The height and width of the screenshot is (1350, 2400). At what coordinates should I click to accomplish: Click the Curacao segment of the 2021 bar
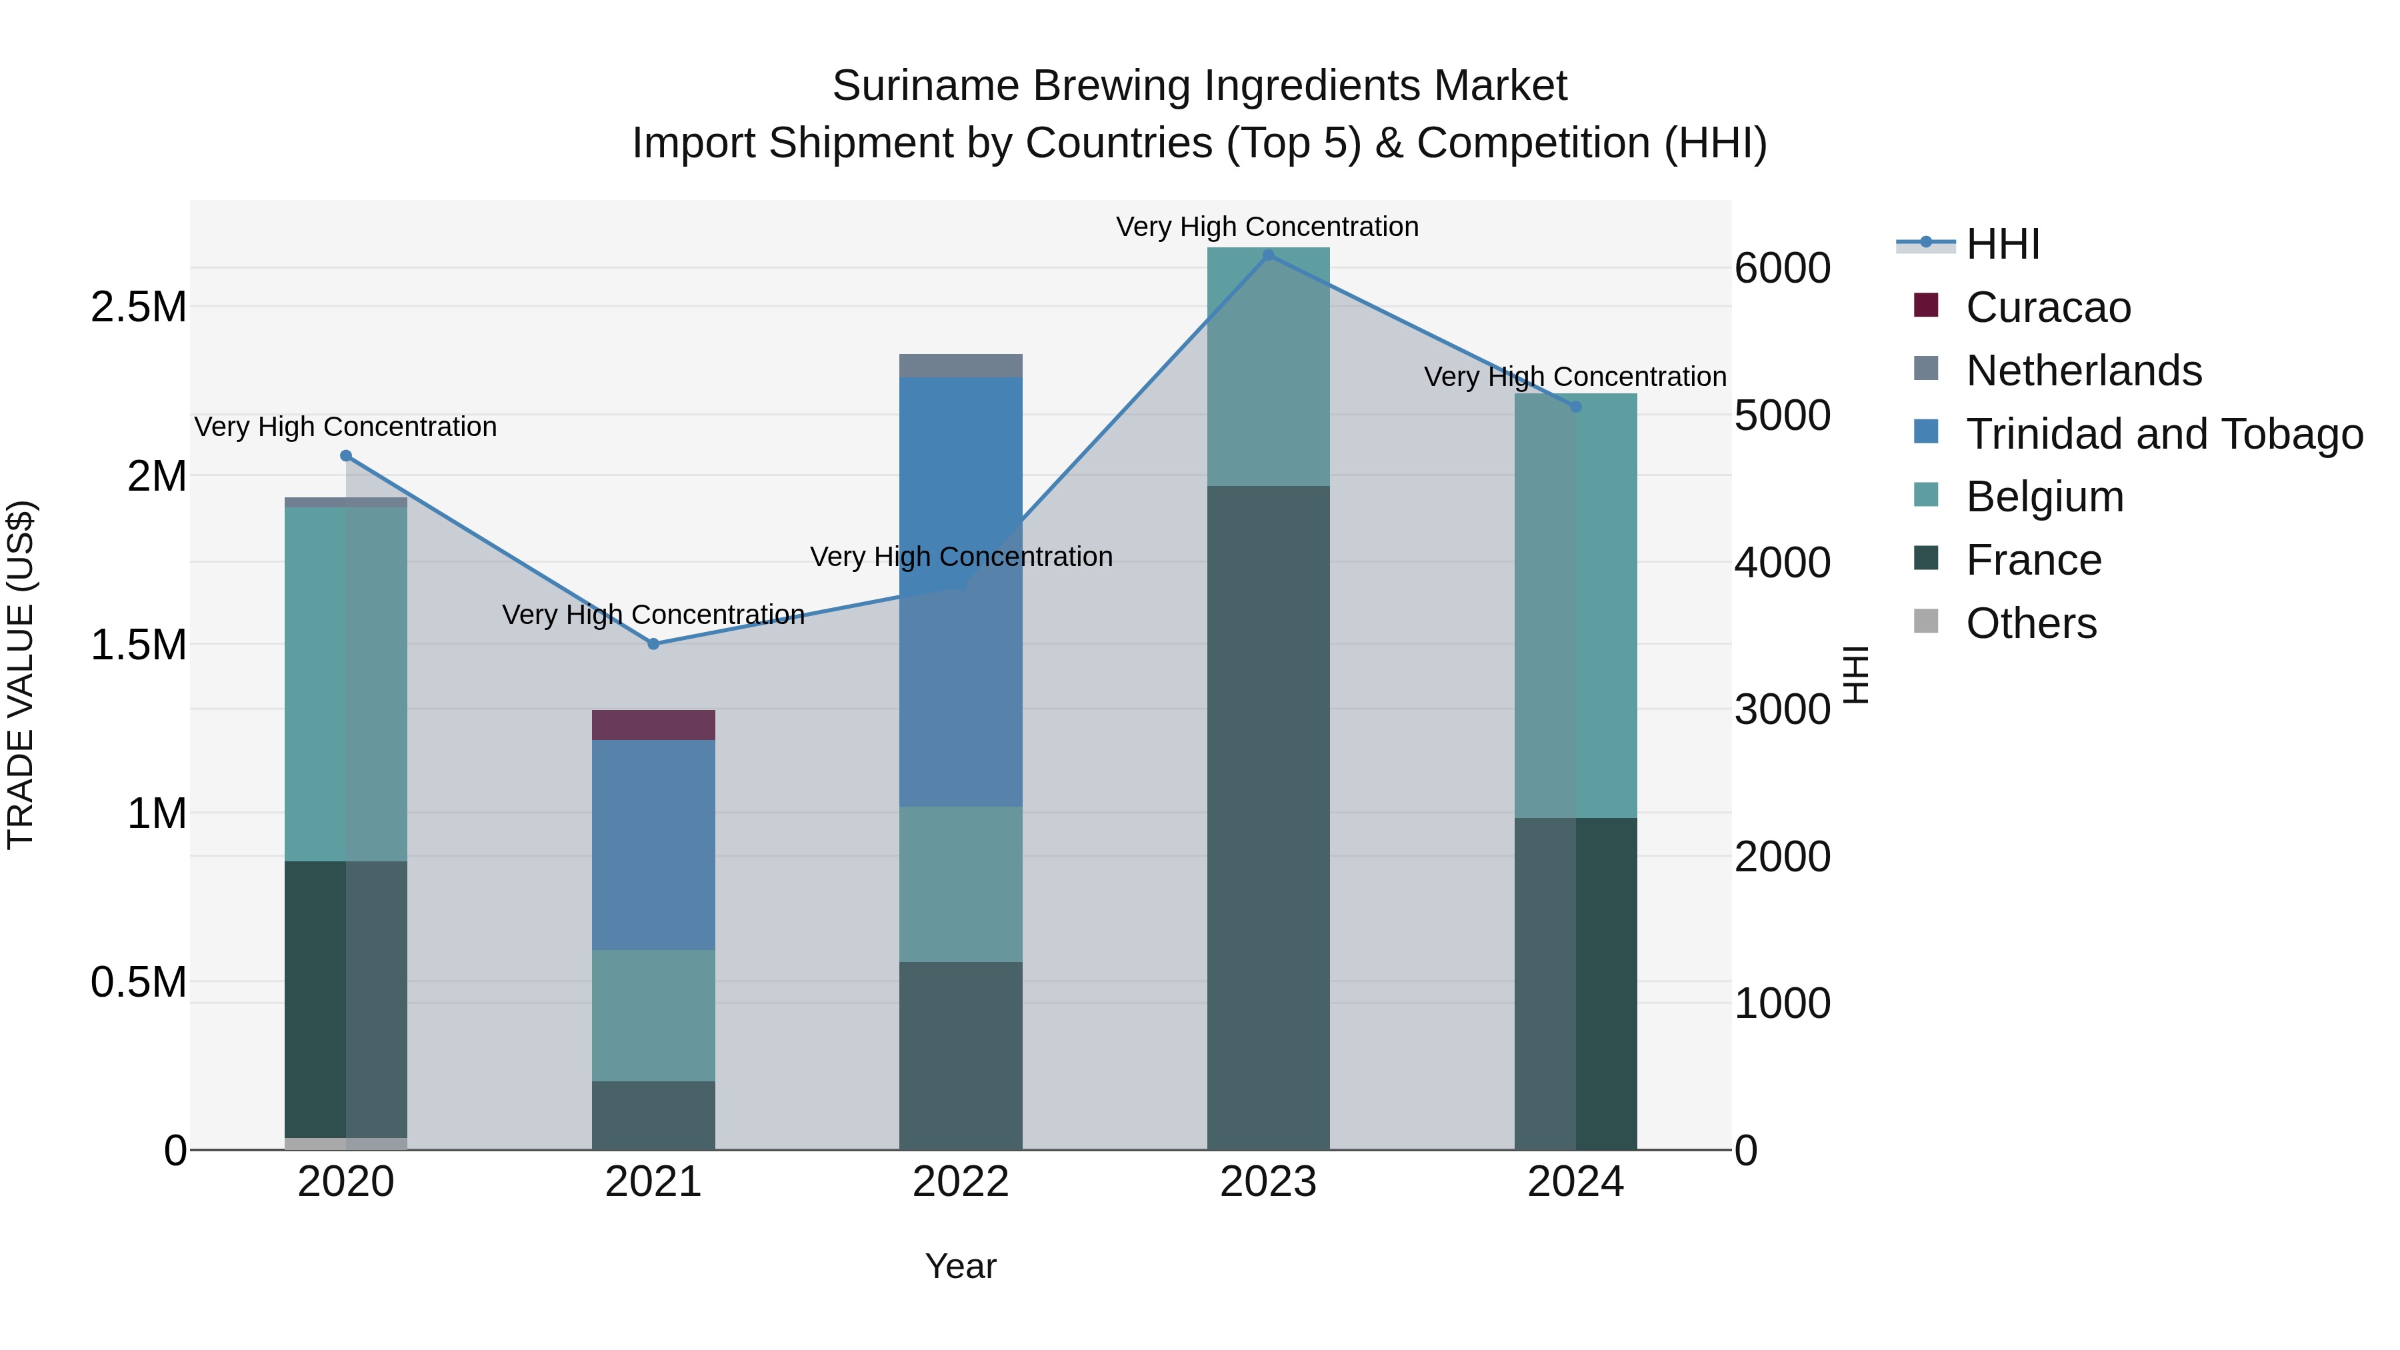click(x=653, y=725)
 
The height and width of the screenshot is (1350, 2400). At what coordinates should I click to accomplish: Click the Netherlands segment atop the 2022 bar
click(x=961, y=365)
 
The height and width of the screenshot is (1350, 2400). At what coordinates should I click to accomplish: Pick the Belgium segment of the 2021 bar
click(x=653, y=1015)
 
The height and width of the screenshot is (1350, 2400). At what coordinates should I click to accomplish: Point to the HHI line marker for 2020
click(x=345, y=455)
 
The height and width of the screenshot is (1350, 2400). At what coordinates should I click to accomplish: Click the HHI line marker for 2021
click(x=653, y=644)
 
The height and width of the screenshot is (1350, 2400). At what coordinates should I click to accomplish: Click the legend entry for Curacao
click(x=2048, y=307)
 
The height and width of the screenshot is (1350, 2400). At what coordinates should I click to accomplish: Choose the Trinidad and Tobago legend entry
click(x=2163, y=434)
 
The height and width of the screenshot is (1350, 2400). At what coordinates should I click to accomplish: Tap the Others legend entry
click(x=2031, y=623)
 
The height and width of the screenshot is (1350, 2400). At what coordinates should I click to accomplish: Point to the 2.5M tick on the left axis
click(x=138, y=307)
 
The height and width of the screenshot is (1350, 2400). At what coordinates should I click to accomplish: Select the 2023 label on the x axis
click(x=1268, y=1182)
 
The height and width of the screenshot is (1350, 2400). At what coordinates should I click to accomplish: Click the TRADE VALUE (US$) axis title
click(x=21, y=675)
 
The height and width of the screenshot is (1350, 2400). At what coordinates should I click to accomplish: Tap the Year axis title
click(x=961, y=1266)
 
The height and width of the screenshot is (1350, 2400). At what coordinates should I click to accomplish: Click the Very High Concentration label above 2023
click(x=1267, y=227)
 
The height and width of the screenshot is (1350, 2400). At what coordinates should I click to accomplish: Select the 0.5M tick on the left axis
click(x=138, y=982)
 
